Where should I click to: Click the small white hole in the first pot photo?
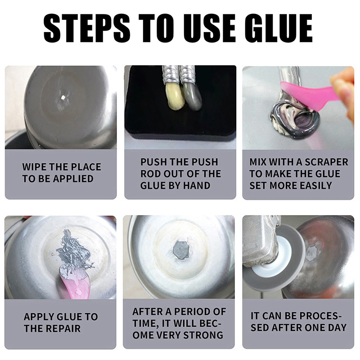click(x=63, y=97)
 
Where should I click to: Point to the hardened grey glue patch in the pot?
click(x=181, y=250)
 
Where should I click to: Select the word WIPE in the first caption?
click(x=34, y=167)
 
